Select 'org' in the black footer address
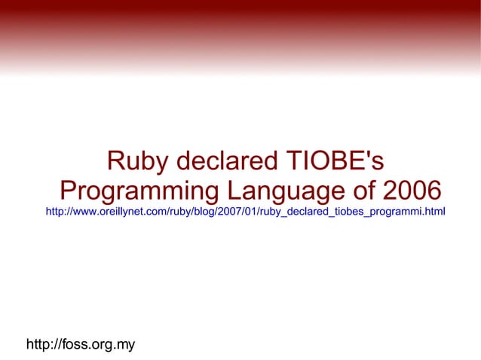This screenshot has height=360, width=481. (103, 345)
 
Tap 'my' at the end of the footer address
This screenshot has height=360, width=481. (126, 345)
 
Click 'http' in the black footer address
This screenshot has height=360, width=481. (38, 345)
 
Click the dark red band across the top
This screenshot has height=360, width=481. (240, 11)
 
